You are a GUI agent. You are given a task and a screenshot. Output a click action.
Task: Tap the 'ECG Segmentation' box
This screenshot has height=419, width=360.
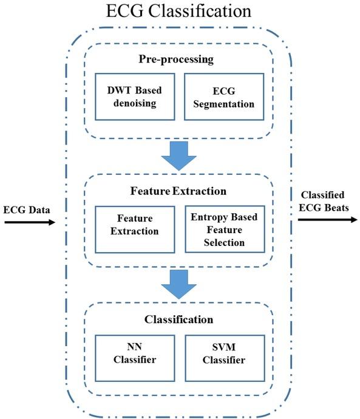224,97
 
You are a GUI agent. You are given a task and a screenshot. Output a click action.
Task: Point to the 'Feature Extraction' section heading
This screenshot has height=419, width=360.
178,191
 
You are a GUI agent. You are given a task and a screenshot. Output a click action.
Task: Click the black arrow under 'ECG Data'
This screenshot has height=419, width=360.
29,223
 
